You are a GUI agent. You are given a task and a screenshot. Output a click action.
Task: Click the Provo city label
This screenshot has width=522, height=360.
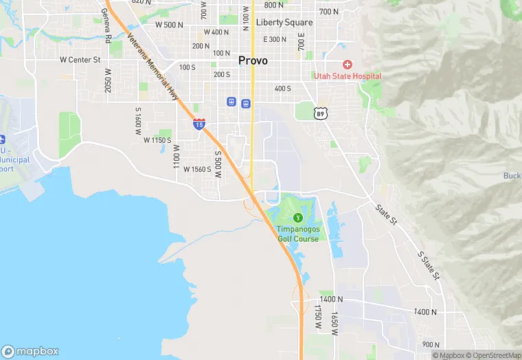coord(253,60)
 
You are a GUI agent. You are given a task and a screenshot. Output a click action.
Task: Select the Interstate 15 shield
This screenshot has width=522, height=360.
coord(198,123)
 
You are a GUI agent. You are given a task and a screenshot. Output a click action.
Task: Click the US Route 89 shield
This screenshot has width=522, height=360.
coord(321,113)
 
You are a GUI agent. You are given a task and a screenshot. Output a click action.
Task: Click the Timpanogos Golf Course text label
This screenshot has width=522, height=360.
coord(298,234)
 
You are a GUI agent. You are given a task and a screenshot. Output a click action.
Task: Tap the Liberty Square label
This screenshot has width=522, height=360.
coord(284,22)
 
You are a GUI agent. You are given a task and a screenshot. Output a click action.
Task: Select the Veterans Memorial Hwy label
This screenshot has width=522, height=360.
coord(153,66)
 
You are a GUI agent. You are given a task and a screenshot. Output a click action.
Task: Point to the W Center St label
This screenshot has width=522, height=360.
coord(80,60)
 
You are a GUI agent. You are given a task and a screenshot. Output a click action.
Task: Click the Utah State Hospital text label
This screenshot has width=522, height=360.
coord(348,76)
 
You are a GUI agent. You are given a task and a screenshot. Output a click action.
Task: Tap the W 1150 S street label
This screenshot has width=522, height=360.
coord(157,140)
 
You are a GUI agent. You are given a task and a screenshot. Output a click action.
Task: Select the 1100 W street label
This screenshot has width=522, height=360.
coord(177,157)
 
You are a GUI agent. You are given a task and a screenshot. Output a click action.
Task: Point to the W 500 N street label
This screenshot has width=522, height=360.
coord(169,25)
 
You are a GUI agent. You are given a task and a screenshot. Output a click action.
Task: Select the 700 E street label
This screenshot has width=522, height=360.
coord(301,43)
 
